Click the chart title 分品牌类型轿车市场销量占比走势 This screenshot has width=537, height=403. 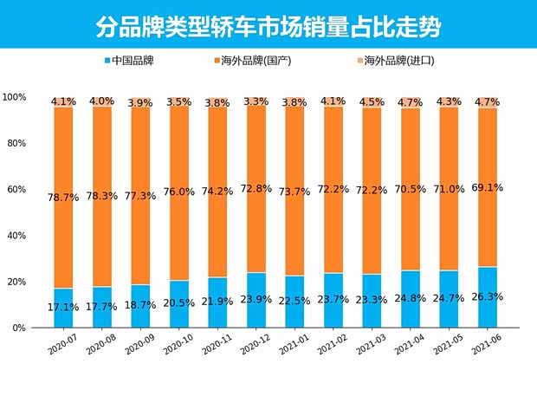[268, 26]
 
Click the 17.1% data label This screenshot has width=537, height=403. [64, 308]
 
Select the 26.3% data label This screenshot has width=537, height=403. [488, 296]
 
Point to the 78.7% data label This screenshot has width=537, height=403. [64, 198]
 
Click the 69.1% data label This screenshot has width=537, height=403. [488, 186]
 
